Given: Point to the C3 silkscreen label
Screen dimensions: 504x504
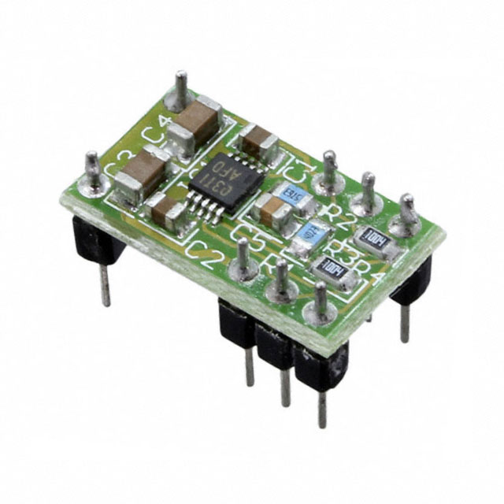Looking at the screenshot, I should [118, 161].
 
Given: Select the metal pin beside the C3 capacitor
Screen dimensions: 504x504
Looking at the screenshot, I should [93, 169].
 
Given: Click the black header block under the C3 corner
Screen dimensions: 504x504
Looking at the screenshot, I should [94, 240].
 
